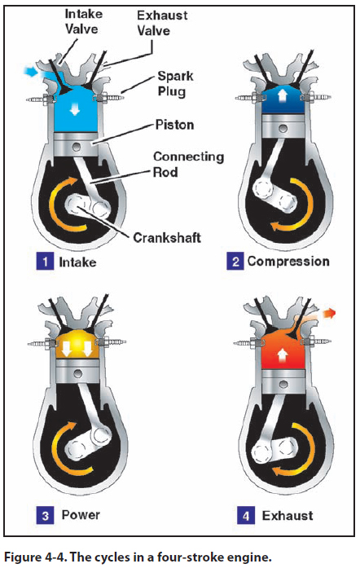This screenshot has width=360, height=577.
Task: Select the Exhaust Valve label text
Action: click(162, 23)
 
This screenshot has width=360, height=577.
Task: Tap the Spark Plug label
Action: click(175, 83)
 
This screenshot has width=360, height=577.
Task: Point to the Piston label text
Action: click(174, 125)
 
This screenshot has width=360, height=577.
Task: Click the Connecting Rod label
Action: click(188, 164)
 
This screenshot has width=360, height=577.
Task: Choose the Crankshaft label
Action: click(167, 238)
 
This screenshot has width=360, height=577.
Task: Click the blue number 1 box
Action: click(45, 262)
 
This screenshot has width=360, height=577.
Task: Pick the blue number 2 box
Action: click(235, 262)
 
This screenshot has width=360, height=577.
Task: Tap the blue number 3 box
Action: click(45, 515)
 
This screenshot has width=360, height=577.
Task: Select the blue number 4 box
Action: click(246, 515)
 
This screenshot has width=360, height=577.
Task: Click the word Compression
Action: click(288, 262)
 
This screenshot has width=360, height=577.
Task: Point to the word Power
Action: click(81, 514)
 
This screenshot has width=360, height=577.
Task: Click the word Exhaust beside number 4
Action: click(288, 515)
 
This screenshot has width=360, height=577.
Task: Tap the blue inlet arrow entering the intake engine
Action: click(30, 71)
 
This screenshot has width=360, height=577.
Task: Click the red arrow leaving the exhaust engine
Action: click(329, 313)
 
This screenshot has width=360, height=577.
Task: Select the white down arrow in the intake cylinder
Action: click(75, 109)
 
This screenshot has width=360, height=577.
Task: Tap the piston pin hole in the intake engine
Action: click(77, 148)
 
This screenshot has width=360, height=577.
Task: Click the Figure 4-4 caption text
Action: click(138, 557)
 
